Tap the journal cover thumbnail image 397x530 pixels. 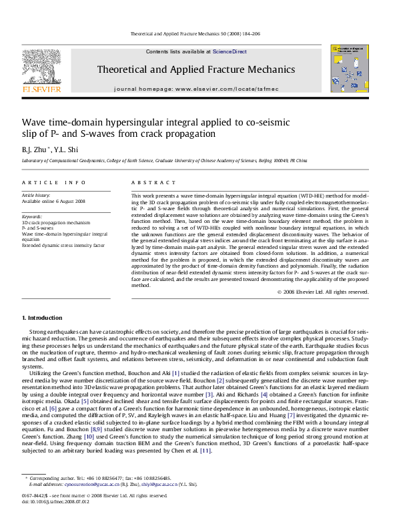coord(349,69)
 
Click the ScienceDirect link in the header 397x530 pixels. coord(230,51)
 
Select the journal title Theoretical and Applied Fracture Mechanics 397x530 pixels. coord(196,69)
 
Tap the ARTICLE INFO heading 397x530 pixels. coord(53,182)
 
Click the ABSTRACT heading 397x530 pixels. coord(149,182)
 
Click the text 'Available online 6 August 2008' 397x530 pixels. coord(53,201)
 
